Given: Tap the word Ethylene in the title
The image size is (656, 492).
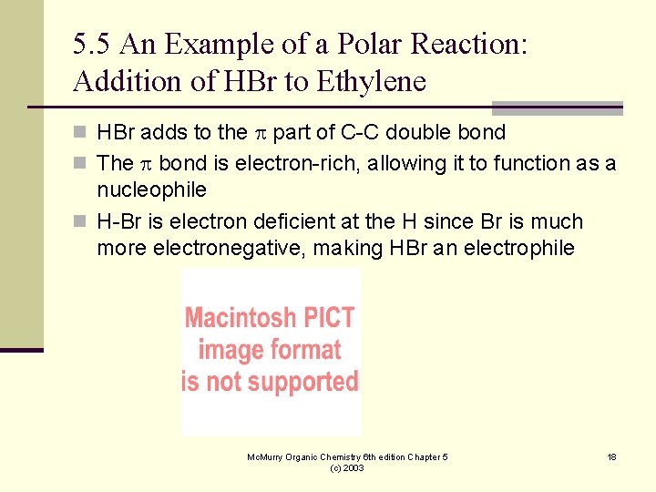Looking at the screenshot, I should pyautogui.click(x=371, y=81).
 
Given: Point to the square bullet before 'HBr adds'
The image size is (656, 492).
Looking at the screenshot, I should pyautogui.click(x=80, y=133).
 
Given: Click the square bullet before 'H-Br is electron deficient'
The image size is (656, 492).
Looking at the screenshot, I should pyautogui.click(x=80, y=222).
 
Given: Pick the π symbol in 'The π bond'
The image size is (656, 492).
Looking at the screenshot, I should pyautogui.click(x=147, y=164).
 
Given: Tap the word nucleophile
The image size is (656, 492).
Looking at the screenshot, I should pyautogui.click(x=151, y=190).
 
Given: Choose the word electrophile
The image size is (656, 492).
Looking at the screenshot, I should pyautogui.click(x=519, y=249).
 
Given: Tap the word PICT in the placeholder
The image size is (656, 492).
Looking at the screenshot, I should pyautogui.click(x=327, y=318).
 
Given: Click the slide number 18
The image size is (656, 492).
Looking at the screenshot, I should pyautogui.click(x=611, y=456).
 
